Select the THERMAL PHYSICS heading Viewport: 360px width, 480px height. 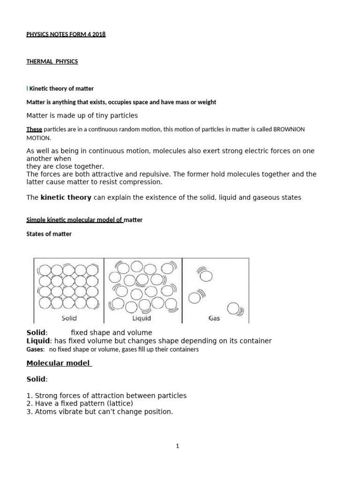coord(52,61)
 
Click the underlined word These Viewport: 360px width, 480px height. coord(34,129)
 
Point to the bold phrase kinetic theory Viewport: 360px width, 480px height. coord(66,197)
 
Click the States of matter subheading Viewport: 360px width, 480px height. coord(49,234)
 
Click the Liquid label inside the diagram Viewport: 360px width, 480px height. coord(142,318)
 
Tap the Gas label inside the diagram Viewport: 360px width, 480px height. coord(214,318)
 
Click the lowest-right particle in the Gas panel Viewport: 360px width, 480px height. coord(233,308)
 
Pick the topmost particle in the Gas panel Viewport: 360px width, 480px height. coord(206,276)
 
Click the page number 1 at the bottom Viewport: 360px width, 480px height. coord(178,446)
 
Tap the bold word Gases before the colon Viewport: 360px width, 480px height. coord(35,349)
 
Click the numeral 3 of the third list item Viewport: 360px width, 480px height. coord(29,412)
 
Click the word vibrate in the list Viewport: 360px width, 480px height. coord(70,412)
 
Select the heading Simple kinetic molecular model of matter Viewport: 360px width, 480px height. coord(84,220)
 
